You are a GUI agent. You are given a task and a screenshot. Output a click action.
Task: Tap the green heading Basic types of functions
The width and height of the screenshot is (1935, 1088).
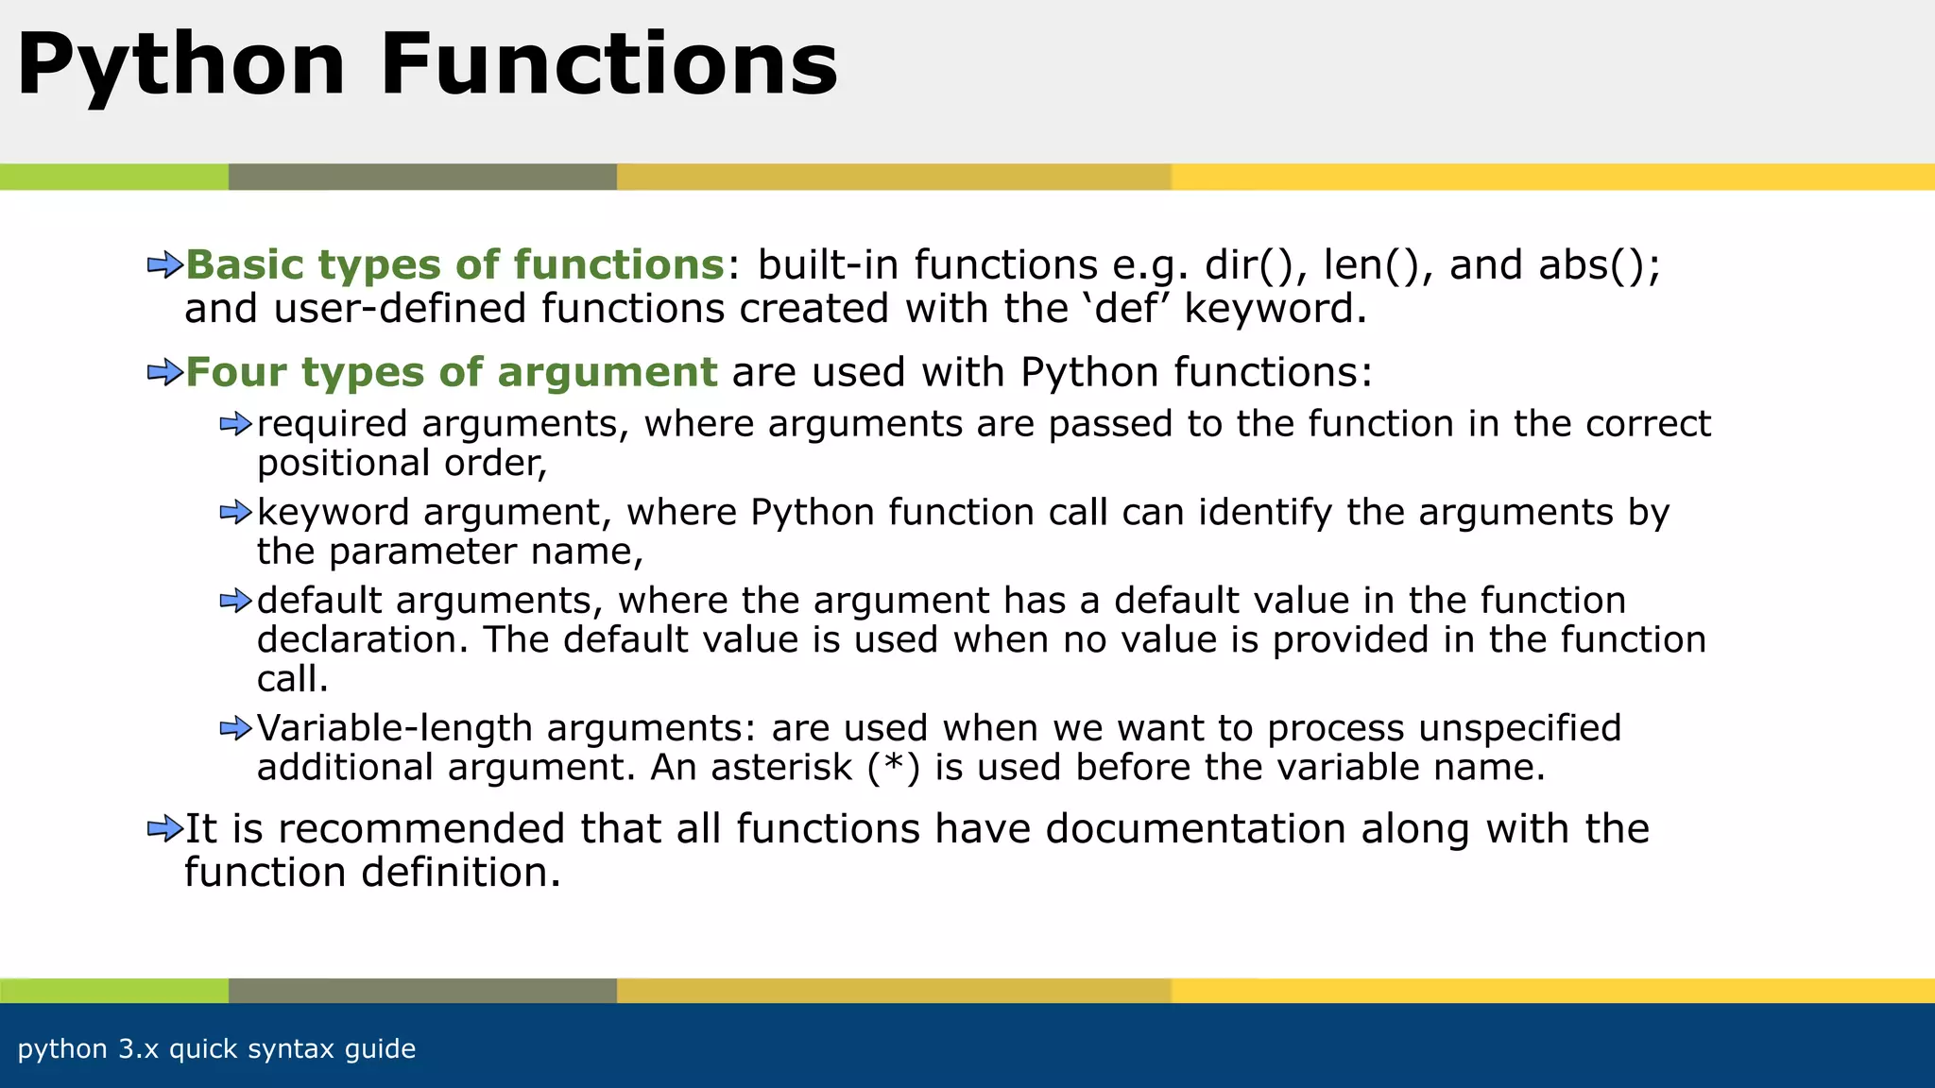[454, 265]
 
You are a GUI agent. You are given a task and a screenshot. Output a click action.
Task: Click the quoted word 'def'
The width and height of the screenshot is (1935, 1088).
[1125, 309]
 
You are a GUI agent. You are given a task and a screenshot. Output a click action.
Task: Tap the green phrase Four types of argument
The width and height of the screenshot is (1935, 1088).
[451, 372]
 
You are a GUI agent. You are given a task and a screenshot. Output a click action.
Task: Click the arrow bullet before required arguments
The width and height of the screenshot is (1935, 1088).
[235, 424]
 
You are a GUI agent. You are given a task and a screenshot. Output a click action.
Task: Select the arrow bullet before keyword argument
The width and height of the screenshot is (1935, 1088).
[235, 513]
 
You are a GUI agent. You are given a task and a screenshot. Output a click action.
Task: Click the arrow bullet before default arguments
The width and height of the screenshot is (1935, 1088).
[235, 601]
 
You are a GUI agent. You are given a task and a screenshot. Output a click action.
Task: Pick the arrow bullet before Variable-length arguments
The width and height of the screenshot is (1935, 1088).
[235, 728]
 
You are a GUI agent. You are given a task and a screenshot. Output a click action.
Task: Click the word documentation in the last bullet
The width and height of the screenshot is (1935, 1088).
[1195, 829]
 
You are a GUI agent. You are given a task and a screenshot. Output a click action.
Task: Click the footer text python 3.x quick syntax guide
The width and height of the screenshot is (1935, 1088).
[216, 1049]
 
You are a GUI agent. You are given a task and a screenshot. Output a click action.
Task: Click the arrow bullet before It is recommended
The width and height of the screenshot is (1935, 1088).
[164, 829]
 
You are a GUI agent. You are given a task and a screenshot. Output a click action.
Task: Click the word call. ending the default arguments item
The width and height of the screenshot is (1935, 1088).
[292, 679]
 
